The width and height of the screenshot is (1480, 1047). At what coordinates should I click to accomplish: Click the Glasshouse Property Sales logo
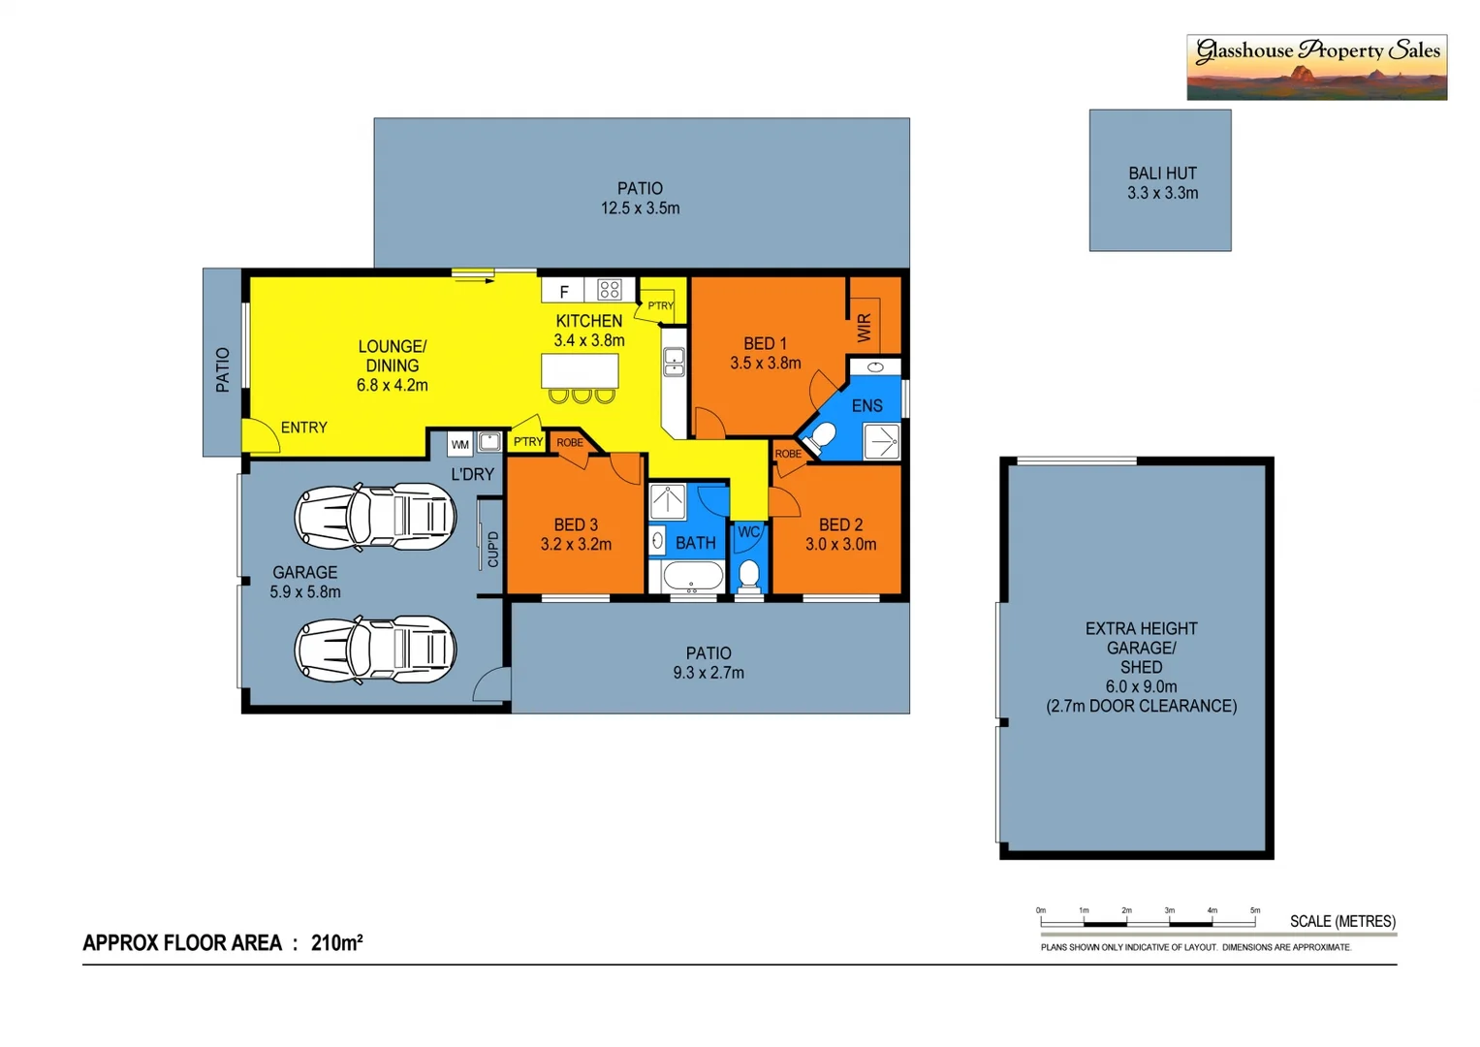click(1315, 67)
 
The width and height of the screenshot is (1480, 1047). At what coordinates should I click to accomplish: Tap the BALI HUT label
click(1161, 174)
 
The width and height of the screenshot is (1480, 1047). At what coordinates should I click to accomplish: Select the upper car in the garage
click(375, 517)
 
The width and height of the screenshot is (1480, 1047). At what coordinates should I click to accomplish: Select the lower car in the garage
click(375, 649)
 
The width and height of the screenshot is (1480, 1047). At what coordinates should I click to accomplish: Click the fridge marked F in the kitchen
click(563, 291)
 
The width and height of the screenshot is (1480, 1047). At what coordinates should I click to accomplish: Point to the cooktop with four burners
click(609, 289)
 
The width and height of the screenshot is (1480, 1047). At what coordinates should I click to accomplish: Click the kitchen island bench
click(580, 370)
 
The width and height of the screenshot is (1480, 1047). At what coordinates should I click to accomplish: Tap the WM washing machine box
click(460, 444)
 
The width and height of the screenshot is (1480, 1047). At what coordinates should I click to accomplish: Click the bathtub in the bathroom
click(692, 576)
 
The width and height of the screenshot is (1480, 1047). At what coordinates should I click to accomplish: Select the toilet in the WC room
click(748, 575)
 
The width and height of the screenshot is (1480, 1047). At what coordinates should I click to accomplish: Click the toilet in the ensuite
click(821, 437)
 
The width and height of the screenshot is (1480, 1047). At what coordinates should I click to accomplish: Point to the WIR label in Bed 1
click(865, 327)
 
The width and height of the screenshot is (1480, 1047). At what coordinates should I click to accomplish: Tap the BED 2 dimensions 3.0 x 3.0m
click(840, 545)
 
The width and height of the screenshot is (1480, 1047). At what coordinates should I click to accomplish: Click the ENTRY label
click(303, 428)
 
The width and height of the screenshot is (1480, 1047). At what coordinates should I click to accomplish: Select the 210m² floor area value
click(336, 942)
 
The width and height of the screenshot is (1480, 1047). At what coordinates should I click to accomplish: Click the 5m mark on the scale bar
click(1254, 911)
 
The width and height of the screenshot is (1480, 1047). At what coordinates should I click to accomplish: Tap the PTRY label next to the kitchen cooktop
click(660, 305)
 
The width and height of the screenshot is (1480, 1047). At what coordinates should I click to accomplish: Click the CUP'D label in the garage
click(493, 549)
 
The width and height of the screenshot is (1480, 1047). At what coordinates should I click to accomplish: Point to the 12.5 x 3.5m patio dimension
click(640, 208)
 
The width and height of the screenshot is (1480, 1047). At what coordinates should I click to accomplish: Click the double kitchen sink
click(674, 362)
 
